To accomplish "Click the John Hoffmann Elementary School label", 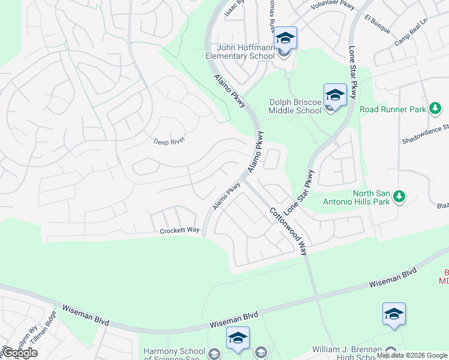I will [241, 52].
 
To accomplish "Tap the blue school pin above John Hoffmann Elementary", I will [286, 38].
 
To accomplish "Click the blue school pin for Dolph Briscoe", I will [335, 94].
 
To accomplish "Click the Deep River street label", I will [169, 140].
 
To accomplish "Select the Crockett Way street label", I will [179, 230].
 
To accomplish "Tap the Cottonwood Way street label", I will [288, 231].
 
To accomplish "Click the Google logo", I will [19, 353].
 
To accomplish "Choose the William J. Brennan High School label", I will [348, 349].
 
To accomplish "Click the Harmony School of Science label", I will [175, 351].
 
